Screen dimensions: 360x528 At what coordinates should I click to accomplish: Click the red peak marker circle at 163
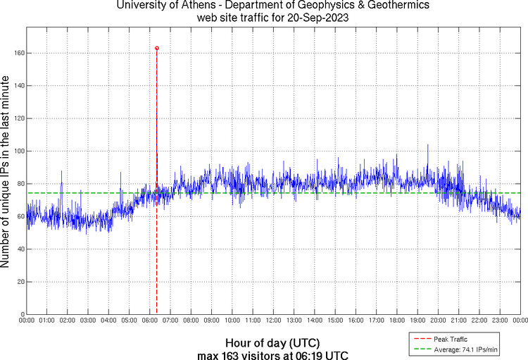(156, 48)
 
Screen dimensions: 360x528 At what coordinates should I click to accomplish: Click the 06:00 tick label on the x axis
(150, 321)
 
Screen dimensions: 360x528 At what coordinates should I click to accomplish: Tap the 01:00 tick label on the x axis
(47, 321)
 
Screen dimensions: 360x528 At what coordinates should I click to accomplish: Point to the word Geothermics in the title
(392, 6)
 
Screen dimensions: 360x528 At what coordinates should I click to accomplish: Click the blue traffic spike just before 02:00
(61, 172)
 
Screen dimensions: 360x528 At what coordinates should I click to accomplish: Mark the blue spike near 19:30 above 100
(427, 146)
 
